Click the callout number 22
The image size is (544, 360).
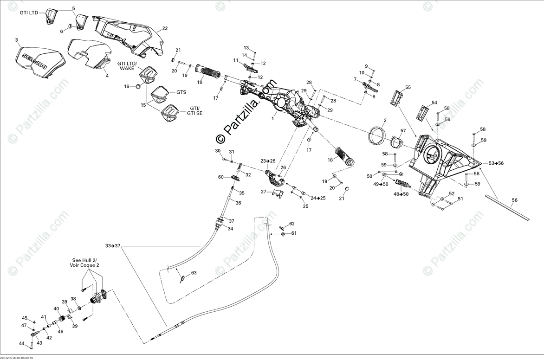[165, 28]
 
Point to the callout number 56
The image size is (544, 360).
[514, 200]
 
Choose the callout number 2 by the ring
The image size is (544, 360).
[385, 120]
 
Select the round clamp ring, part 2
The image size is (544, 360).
[376, 133]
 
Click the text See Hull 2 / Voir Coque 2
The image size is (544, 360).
[85, 263]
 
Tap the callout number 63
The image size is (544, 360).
[194, 273]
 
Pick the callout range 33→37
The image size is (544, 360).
[113, 245]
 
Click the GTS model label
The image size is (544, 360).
[181, 92]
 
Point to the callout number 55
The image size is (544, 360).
[408, 87]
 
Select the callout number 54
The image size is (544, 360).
[434, 103]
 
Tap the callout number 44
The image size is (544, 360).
[21, 343]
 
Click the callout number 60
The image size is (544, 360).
[221, 177]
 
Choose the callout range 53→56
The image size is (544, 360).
[496, 163]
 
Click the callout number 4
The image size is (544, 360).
[107, 76]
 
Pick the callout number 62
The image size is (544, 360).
[292, 224]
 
